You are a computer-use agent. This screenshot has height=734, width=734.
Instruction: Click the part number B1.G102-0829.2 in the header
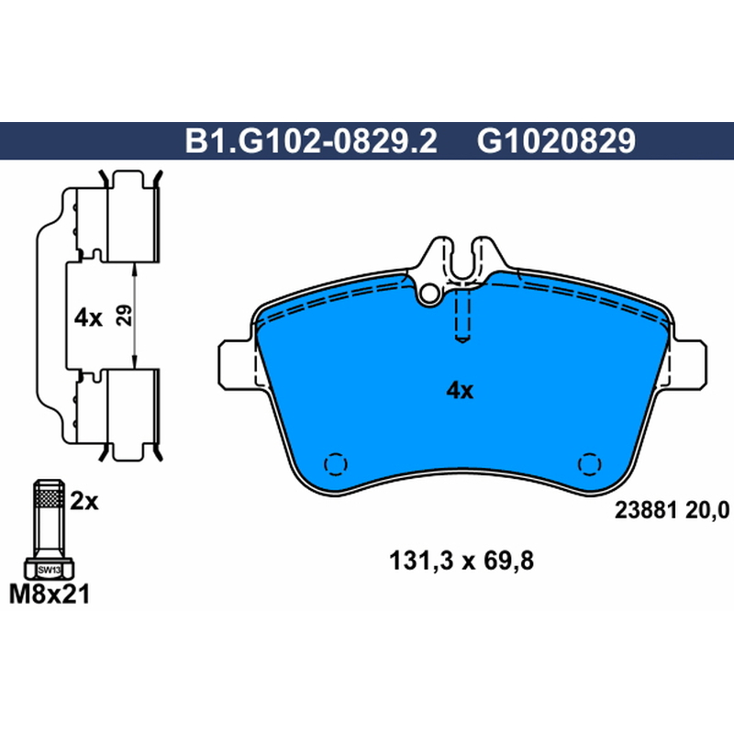(311, 141)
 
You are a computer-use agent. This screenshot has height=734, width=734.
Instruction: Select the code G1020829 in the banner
(557, 141)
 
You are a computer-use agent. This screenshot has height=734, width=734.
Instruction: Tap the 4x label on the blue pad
(461, 390)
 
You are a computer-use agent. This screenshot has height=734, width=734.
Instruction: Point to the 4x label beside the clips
(88, 318)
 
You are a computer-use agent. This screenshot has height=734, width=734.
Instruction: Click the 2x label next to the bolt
(84, 501)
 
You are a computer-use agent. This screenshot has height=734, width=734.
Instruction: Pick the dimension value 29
(124, 316)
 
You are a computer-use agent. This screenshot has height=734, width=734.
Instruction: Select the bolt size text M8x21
(50, 595)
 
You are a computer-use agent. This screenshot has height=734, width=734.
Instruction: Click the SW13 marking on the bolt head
(50, 570)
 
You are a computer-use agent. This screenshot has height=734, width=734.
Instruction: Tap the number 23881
(646, 510)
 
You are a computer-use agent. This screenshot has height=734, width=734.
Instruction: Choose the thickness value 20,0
(707, 510)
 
